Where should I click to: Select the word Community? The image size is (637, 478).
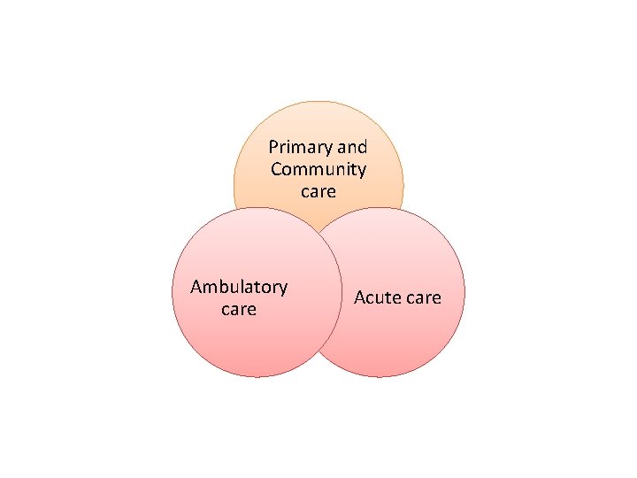click(318, 169)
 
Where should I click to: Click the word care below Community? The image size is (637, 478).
click(318, 190)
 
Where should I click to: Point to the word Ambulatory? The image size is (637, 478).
click(239, 288)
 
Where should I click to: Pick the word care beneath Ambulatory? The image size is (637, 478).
click(239, 310)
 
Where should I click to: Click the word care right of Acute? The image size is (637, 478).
click(422, 297)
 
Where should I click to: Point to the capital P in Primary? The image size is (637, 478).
click(273, 146)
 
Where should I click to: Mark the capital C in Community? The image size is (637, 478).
click(276, 169)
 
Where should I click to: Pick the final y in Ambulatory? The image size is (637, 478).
click(283, 289)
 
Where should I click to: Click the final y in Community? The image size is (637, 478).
click(362, 171)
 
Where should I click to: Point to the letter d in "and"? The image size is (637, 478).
click(363, 146)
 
